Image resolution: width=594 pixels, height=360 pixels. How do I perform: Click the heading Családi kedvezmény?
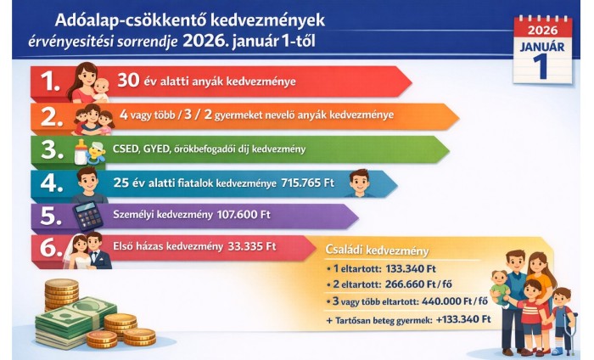click(x=377, y=251)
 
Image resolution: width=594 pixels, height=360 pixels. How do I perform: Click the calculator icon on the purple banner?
click(x=88, y=217)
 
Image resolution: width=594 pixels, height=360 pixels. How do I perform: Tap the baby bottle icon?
click(x=82, y=149)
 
